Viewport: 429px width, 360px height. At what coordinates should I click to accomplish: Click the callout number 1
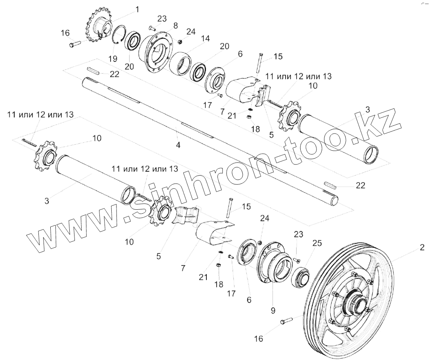coord(137,9)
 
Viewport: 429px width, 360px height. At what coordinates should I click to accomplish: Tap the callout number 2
coord(422,248)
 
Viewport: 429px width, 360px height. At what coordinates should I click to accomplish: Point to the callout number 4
coord(178,145)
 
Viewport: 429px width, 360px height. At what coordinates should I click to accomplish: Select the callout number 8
coord(175,25)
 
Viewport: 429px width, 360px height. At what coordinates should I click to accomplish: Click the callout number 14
coord(205,38)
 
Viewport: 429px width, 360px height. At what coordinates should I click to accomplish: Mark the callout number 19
coord(112,59)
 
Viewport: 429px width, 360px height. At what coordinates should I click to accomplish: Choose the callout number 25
coord(318,243)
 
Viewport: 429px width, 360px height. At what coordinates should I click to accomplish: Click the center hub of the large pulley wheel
coord(355,304)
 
